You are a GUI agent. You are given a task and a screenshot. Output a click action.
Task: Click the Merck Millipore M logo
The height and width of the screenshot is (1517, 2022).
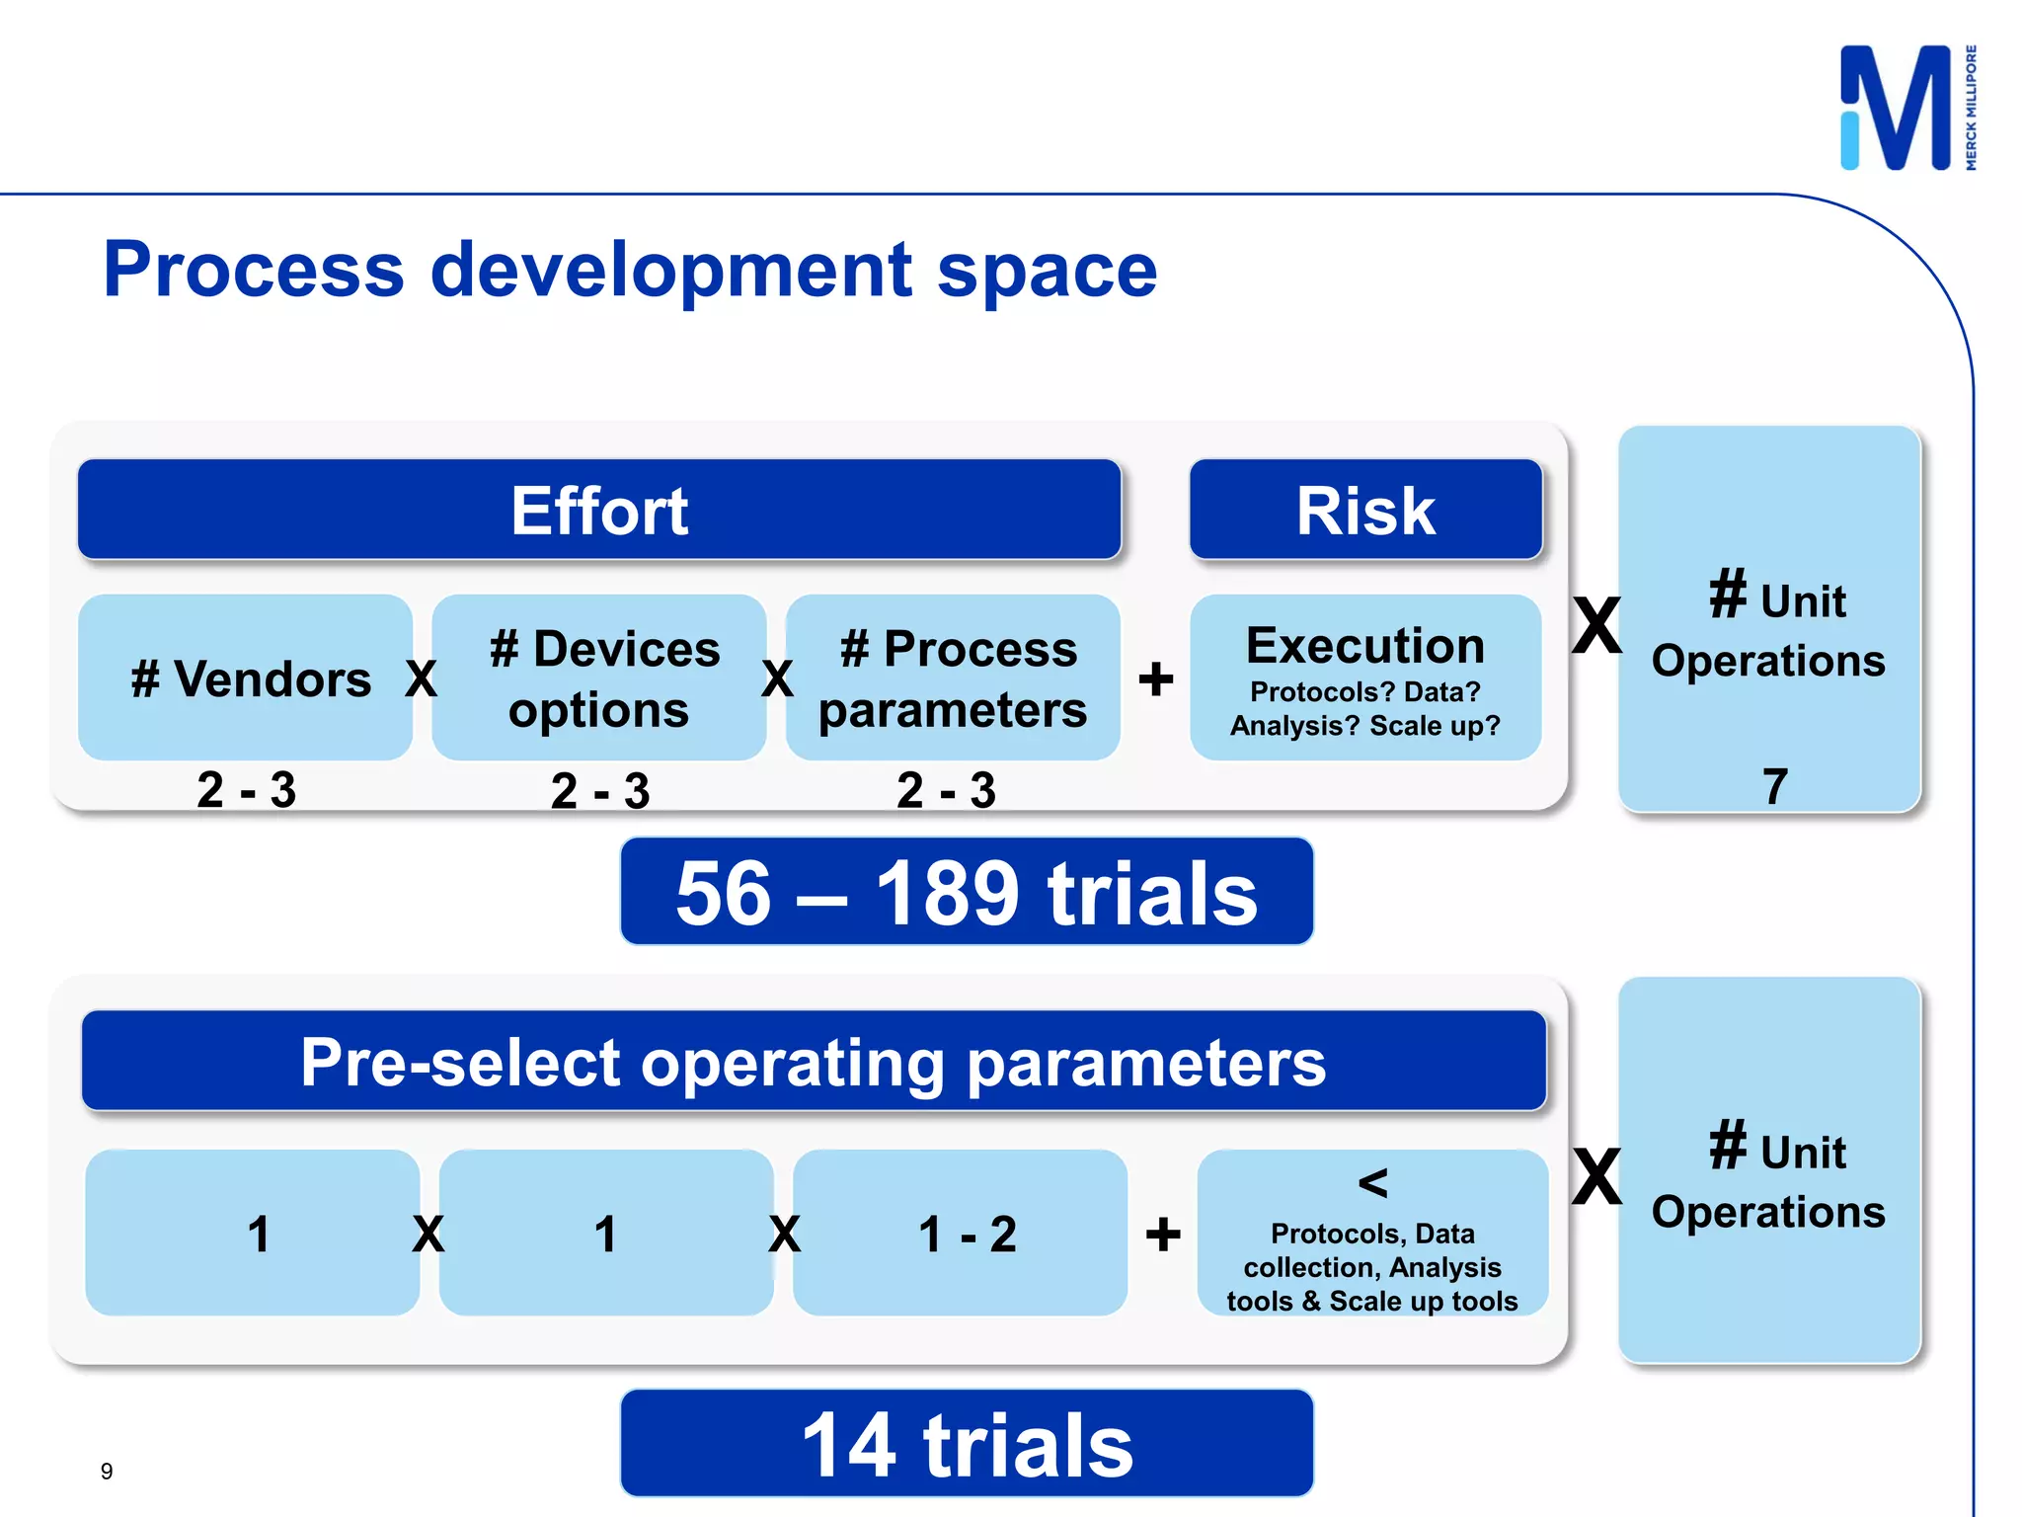(1896, 109)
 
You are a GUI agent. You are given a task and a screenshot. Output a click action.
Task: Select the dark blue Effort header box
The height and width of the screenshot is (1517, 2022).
(599, 510)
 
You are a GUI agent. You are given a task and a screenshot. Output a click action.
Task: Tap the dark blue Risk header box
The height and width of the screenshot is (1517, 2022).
(1365, 510)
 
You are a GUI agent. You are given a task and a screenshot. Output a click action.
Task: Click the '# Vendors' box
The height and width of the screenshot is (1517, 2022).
(246, 678)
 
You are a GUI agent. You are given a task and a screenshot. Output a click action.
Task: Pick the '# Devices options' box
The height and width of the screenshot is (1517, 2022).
(599, 678)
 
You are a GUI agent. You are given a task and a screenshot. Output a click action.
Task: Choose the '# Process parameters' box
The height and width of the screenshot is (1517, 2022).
(953, 678)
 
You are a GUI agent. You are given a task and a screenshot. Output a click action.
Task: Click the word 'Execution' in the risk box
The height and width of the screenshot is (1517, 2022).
(1365, 646)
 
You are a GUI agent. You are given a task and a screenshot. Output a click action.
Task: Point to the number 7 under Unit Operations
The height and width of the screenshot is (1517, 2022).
(1774, 787)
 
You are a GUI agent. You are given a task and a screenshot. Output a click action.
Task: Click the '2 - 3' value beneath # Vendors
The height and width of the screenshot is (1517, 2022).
(246, 790)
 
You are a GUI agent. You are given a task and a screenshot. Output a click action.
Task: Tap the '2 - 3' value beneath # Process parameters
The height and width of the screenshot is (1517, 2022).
(946, 790)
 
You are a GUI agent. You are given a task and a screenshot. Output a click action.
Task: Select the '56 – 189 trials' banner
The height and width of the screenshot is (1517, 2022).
(967, 892)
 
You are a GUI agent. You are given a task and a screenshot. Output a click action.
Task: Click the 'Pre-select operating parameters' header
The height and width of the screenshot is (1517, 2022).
(814, 1062)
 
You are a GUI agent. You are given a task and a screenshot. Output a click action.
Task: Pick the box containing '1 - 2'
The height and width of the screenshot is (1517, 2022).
(961, 1233)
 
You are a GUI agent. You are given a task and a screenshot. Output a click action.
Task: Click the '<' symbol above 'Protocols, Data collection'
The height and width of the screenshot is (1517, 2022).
(1372, 1182)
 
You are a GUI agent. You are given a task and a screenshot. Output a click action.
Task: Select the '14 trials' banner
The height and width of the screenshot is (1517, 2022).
(967, 1444)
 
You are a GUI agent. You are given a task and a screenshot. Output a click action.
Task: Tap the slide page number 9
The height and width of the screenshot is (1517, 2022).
(107, 1472)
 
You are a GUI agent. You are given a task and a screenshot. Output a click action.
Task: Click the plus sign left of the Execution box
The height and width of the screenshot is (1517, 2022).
(1156, 679)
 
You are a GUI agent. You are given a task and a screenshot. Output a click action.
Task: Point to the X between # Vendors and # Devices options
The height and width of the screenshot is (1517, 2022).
(422, 679)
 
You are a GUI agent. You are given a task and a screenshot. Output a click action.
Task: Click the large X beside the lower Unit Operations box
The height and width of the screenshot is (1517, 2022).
(1596, 1177)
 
